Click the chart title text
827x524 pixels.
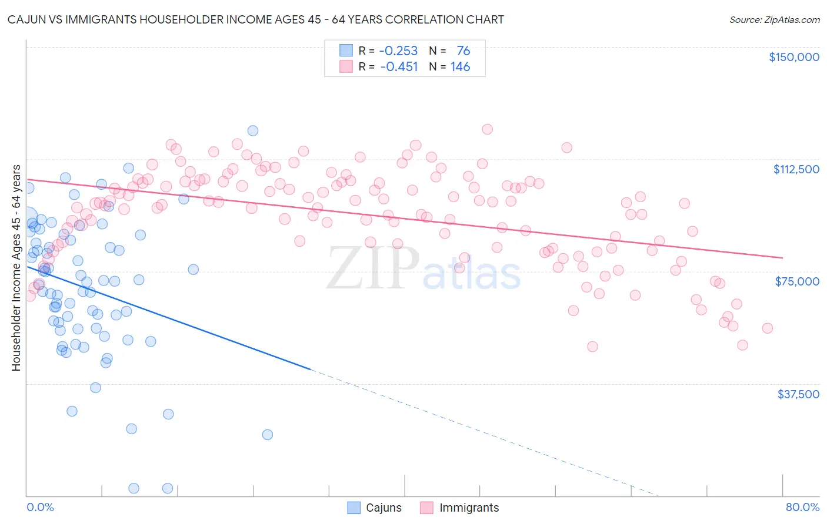pyautogui.click(x=255, y=19)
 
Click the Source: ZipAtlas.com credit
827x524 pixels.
pyautogui.click(x=774, y=19)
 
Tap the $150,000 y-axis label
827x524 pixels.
pyautogui.click(x=793, y=57)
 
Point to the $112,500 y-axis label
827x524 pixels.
pyautogui.click(x=796, y=169)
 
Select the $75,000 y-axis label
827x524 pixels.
pyautogui.click(x=797, y=281)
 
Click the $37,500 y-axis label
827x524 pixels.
pyautogui.click(x=798, y=394)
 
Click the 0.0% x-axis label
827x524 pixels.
pyautogui.click(x=40, y=507)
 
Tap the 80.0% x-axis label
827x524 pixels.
pyautogui.click(x=802, y=507)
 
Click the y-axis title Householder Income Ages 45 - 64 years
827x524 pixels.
pyautogui.click(x=16, y=268)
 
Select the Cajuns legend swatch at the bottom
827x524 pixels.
pyautogui.click(x=354, y=508)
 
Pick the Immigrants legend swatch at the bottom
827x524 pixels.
pyautogui.click(x=427, y=508)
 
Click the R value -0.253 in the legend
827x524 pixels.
pyautogui.click(x=398, y=51)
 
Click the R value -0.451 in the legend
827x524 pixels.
pyautogui.click(x=398, y=67)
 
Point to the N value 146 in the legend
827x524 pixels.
pyautogui.click(x=460, y=67)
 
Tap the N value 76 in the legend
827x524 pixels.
pyautogui.click(x=463, y=51)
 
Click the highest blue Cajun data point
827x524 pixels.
pyautogui.click(x=253, y=130)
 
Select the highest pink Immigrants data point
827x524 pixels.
pyautogui.click(x=487, y=129)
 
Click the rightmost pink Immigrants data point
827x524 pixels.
pyautogui.click(x=767, y=328)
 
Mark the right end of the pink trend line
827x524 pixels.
pyautogui.click(x=782, y=257)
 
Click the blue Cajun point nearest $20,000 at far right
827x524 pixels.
pyautogui.click(x=268, y=435)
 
